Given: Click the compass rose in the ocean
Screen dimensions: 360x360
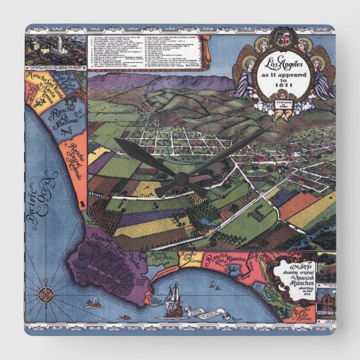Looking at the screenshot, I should (x=44, y=294).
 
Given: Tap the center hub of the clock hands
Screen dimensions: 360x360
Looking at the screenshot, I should (x=181, y=178).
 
